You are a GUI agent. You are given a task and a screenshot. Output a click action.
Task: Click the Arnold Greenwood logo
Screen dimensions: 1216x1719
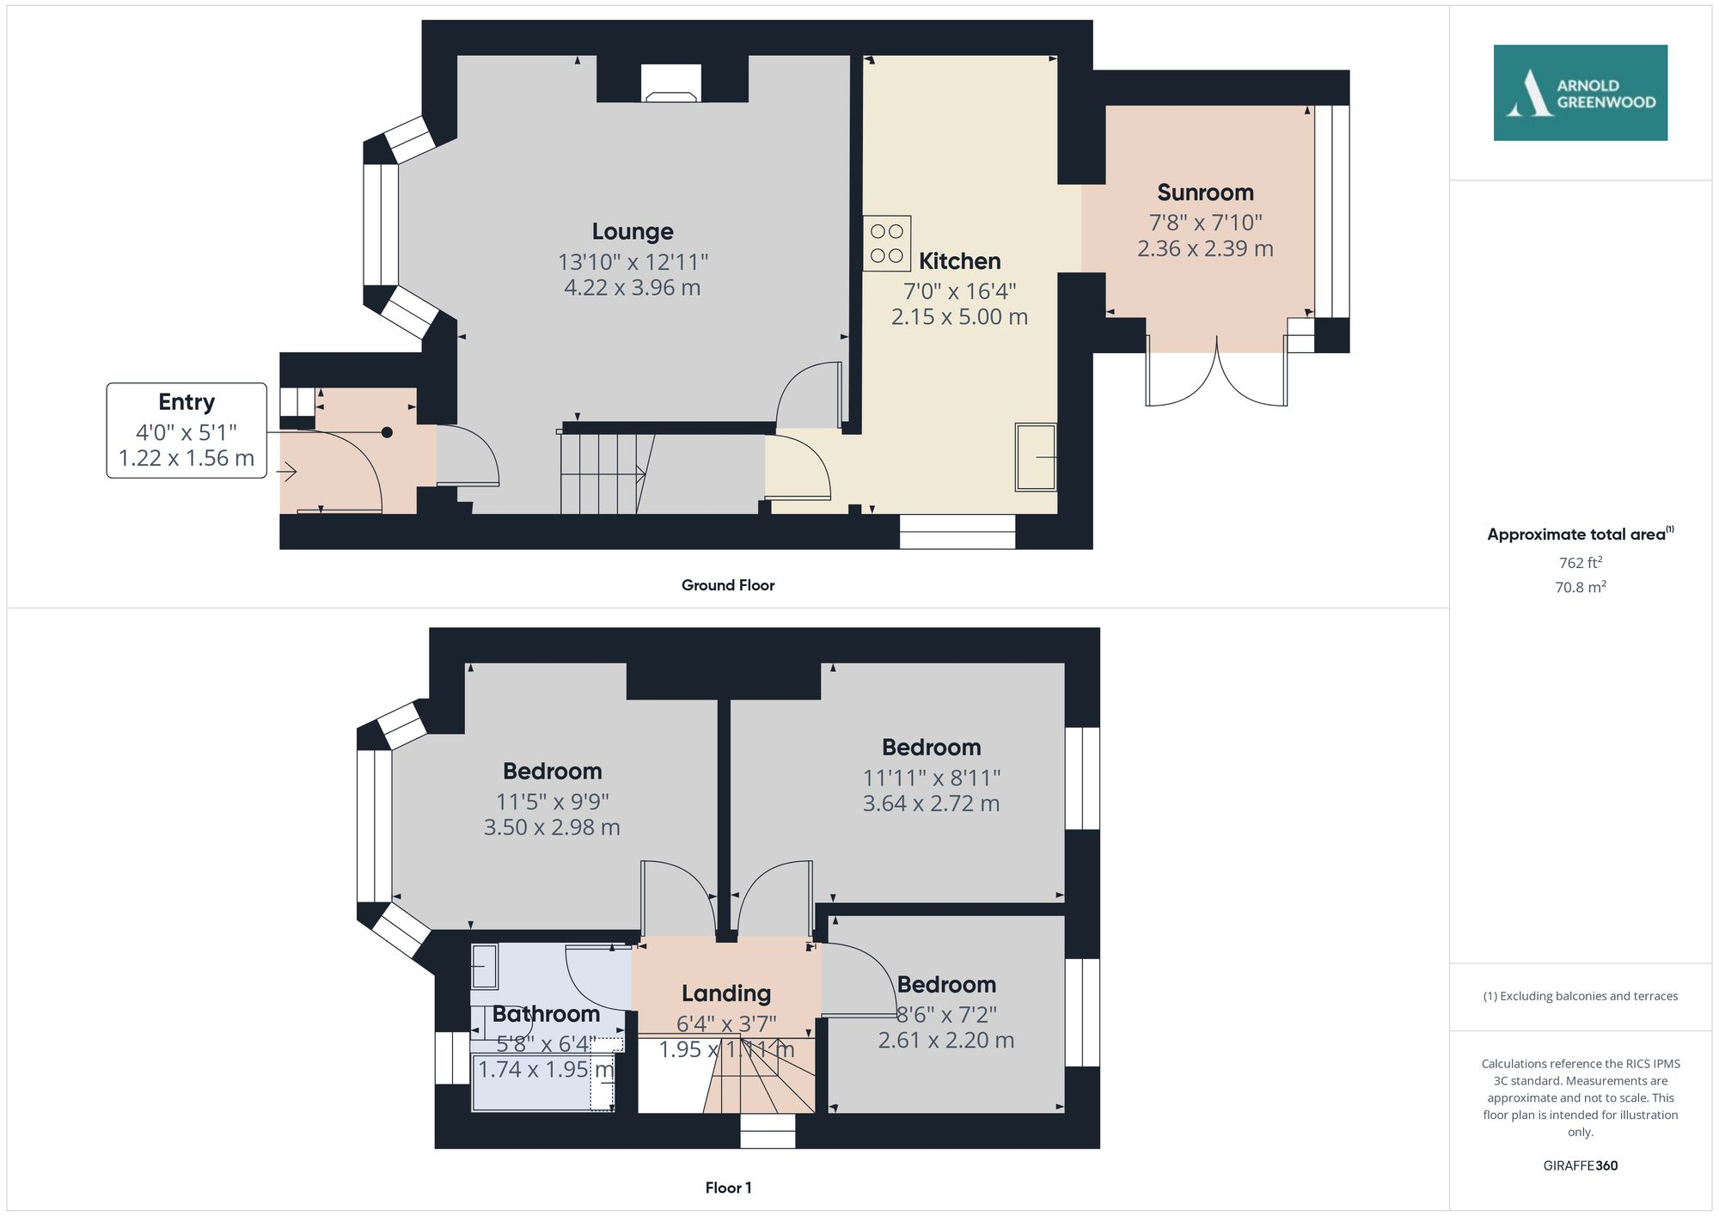click(1580, 93)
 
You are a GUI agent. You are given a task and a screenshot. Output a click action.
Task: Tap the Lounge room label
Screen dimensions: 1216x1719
click(633, 231)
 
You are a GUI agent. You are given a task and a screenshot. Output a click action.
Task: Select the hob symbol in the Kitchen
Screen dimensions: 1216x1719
click(887, 243)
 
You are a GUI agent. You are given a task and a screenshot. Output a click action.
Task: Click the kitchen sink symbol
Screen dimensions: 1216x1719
click(1036, 457)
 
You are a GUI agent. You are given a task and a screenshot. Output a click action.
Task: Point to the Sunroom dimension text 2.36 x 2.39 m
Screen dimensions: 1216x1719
click(1205, 248)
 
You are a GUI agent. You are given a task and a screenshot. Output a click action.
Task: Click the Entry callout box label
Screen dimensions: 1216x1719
click(187, 402)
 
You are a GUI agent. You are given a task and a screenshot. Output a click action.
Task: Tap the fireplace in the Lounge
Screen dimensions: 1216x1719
click(671, 84)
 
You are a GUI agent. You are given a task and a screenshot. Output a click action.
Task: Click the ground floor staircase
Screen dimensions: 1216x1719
click(602, 473)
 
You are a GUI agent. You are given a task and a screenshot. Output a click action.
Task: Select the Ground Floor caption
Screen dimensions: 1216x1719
click(728, 585)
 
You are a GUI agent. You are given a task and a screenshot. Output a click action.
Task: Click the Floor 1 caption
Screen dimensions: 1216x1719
click(728, 1188)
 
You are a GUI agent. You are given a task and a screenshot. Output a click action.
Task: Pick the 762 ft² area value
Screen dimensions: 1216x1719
click(1580, 563)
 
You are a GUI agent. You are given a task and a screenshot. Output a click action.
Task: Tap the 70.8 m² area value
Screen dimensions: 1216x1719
click(1580, 587)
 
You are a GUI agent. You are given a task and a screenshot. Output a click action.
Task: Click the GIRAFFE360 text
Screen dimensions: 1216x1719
click(1580, 1165)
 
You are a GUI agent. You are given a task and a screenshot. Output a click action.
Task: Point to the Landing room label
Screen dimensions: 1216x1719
click(726, 993)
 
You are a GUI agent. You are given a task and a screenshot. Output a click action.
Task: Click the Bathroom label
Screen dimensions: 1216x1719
click(546, 1014)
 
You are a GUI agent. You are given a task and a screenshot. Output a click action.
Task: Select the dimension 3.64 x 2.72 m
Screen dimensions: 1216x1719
click(931, 804)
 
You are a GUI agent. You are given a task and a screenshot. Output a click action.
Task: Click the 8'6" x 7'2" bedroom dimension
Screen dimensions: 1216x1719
click(946, 1015)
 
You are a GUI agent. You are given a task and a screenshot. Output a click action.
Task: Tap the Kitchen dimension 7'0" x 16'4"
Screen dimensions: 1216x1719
click(959, 291)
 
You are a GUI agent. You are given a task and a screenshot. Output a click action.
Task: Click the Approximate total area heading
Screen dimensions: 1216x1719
click(1577, 535)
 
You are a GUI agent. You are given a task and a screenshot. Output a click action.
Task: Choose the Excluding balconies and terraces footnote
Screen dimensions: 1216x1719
click(1580, 996)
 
